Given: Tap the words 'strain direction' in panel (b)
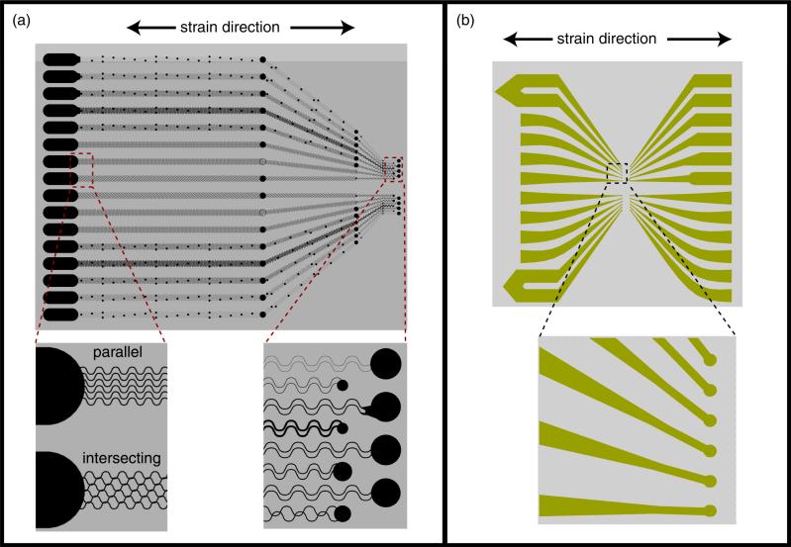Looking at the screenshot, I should tap(618, 39).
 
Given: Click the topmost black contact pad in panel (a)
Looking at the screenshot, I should tap(60, 59).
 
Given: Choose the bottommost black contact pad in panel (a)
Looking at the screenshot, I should tap(60, 314).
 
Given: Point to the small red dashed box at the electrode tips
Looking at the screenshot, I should tap(393, 167).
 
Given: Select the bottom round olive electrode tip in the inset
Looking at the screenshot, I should tap(710, 510).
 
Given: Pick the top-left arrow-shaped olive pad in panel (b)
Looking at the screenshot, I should tap(515, 91).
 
